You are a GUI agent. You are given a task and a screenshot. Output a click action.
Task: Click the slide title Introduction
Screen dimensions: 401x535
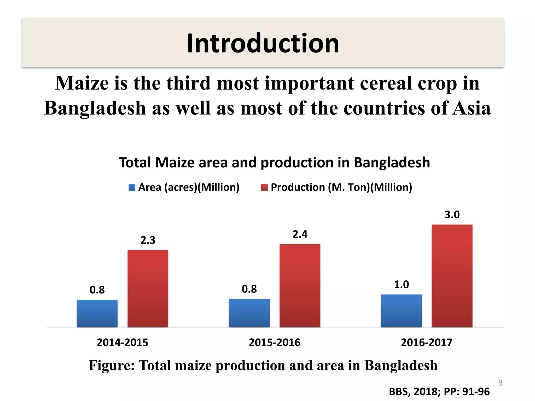point(263,43)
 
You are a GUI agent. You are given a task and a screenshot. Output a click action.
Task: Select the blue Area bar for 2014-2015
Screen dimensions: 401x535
point(97,313)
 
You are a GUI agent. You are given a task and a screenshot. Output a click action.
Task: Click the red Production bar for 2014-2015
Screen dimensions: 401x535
point(148,288)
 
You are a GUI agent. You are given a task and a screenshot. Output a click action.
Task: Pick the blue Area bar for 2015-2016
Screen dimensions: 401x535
point(249,313)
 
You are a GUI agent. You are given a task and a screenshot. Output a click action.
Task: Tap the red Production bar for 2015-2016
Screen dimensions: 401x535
point(300,286)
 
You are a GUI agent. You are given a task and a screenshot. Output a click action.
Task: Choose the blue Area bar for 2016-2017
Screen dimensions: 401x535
point(401,311)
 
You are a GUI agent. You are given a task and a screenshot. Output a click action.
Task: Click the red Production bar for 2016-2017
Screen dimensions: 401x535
point(452,276)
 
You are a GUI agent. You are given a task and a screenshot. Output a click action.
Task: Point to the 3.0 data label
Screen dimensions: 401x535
point(452,215)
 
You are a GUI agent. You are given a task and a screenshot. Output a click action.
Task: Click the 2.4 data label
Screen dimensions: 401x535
point(300,234)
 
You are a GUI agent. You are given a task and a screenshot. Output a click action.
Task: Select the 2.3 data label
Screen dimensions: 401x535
point(148,240)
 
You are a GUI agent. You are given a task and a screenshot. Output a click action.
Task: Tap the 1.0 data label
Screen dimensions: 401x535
point(401,284)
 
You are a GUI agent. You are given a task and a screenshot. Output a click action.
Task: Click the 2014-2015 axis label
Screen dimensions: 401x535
point(122,342)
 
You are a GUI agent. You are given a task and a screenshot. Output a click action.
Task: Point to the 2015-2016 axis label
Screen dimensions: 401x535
point(275,342)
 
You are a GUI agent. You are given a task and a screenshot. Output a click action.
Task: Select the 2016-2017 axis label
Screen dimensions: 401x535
point(427,342)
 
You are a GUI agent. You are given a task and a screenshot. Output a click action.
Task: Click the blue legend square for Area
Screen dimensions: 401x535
point(132,187)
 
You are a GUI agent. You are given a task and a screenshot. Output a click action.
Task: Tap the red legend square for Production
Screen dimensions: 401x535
point(264,187)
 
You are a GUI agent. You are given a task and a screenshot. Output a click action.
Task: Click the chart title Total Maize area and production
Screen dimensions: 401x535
point(274,162)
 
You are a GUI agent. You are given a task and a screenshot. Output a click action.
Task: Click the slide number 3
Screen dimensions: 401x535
point(500,383)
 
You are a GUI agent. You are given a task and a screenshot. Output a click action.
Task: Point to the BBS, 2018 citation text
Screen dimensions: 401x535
point(439,392)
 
